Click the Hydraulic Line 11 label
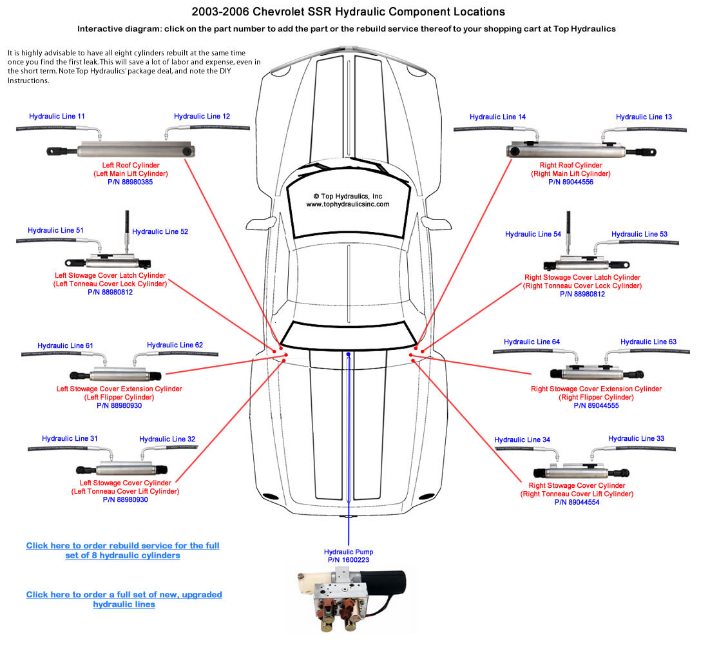tap(57, 117)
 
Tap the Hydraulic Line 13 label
tap(644, 117)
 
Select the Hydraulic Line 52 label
tap(160, 231)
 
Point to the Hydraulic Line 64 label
tap(532, 342)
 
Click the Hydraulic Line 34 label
tap(522, 439)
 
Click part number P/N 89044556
tap(570, 182)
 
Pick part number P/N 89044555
tap(595, 405)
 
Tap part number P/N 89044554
tap(577, 502)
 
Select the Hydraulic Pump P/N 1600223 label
tap(349, 556)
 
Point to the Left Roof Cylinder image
tap(122, 151)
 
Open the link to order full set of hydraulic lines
tap(124, 599)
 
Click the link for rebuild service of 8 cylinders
tap(122, 550)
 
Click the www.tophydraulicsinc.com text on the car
tap(347, 204)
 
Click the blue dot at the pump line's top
tap(348, 354)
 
